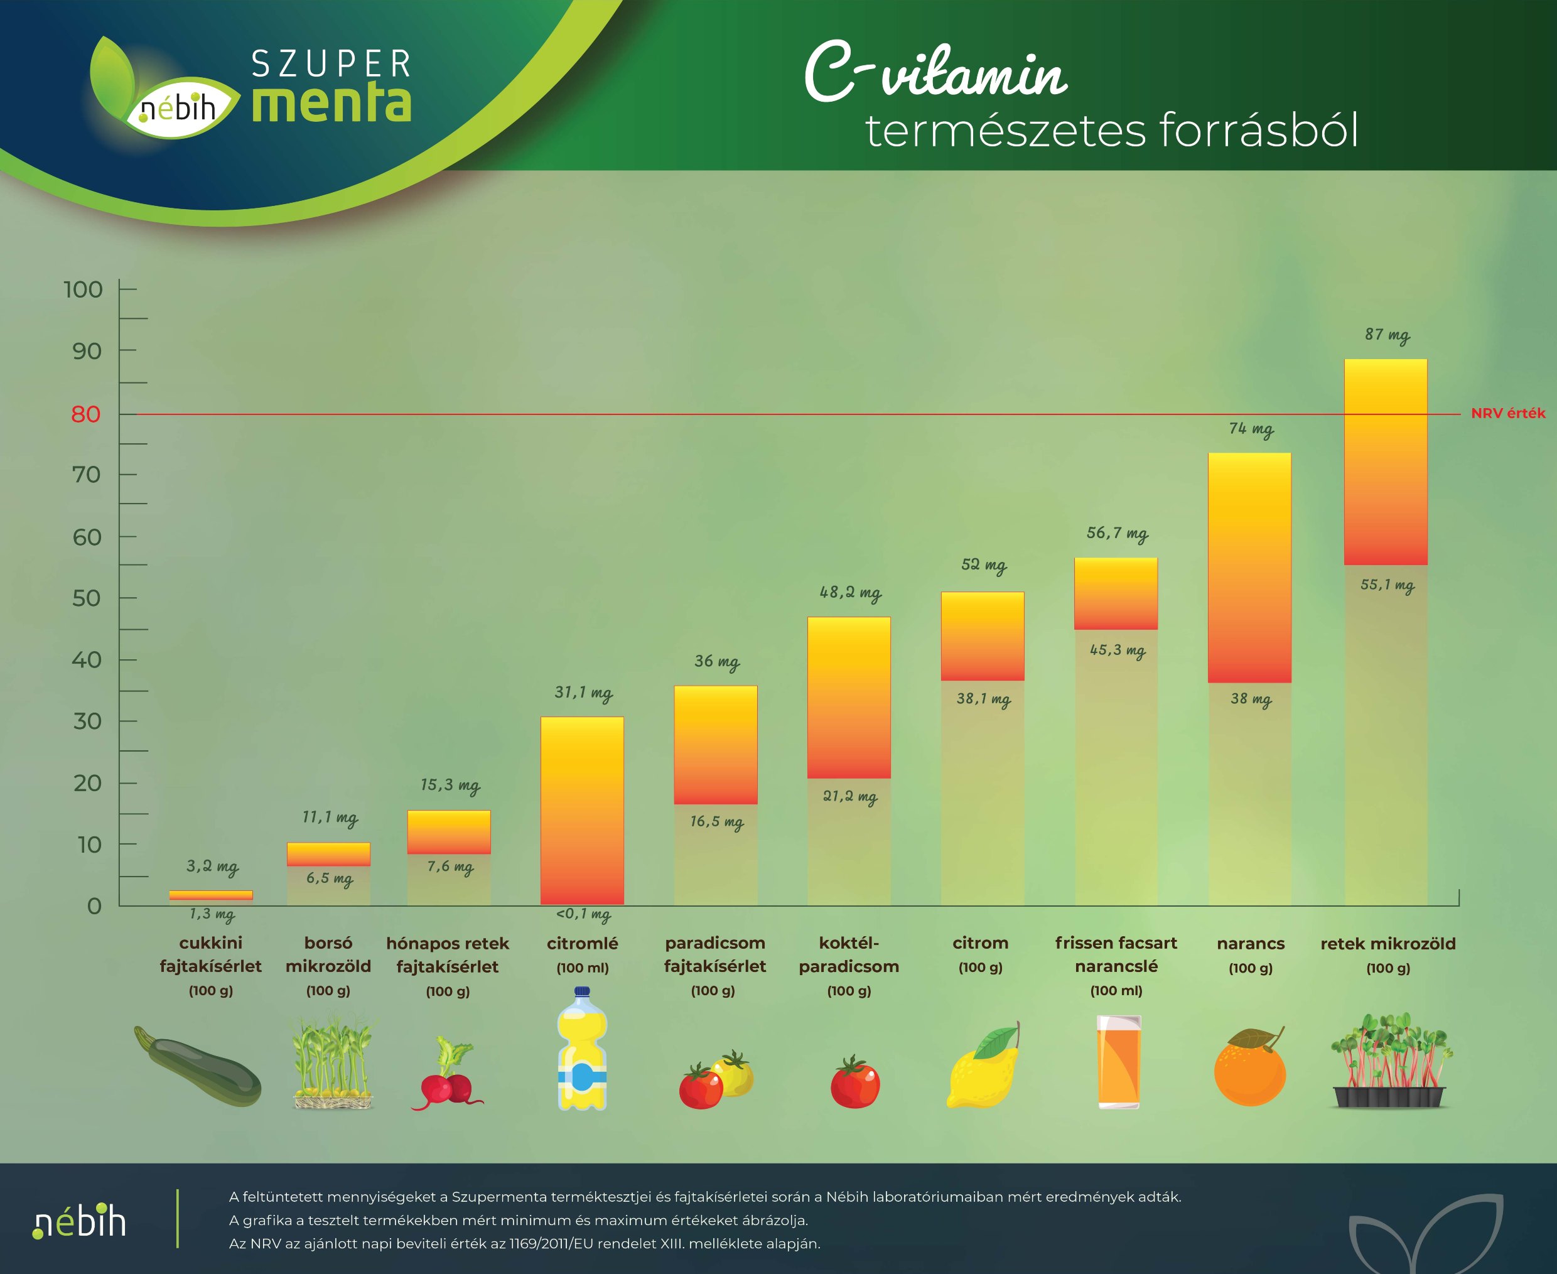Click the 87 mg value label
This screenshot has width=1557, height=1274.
click(x=1387, y=335)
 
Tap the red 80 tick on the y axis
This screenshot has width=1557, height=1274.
click(x=86, y=414)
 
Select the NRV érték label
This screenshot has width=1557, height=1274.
click(x=1508, y=413)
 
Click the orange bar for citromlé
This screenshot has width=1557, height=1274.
click(x=582, y=810)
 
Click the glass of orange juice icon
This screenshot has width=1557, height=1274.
click(x=1118, y=1062)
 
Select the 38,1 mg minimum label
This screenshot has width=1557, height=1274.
click(x=983, y=699)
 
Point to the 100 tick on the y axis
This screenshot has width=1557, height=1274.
click(x=83, y=290)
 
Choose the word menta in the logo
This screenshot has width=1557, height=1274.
click(x=331, y=104)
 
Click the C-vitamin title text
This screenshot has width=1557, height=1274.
click(x=935, y=74)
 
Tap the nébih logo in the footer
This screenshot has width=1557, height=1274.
click(x=79, y=1221)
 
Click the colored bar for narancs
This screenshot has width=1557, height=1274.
click(x=1249, y=567)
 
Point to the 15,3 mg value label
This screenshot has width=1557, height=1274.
click(x=450, y=785)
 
